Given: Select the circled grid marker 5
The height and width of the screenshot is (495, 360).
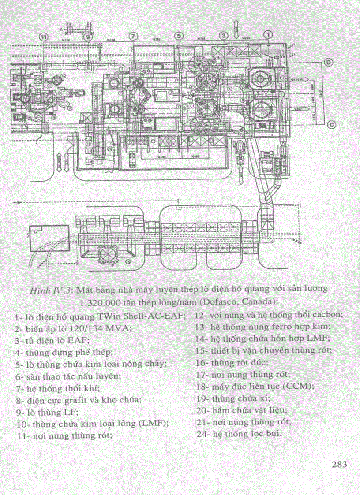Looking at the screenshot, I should pos(178,35).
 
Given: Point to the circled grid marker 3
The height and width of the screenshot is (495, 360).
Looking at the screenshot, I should pos(224,35).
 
